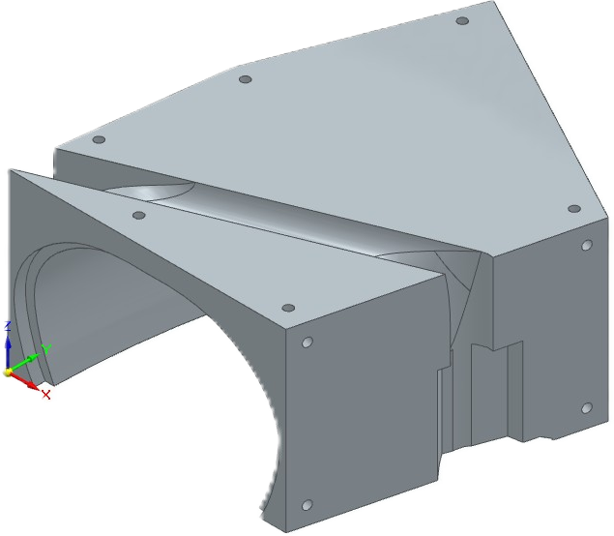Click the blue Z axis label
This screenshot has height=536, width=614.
pos(7,325)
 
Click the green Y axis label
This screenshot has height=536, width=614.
pos(46,349)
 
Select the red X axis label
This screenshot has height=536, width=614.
pos(45,395)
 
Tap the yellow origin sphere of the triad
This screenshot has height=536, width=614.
pos(8,372)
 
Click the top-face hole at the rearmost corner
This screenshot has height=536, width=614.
pos(462,20)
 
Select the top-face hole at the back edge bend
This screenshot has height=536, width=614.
pos(245,79)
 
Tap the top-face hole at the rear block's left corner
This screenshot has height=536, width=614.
pos(99,139)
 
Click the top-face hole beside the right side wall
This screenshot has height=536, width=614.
pos(573,208)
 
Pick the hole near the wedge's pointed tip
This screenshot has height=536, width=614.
pos(139,216)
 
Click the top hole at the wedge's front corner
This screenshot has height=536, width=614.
pos(287,308)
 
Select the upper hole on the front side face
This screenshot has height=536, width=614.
pos(307,342)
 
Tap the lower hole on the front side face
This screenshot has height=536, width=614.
pos(307,505)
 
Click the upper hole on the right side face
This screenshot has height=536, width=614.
pos(585,246)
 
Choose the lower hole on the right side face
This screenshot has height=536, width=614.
pos(585,408)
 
